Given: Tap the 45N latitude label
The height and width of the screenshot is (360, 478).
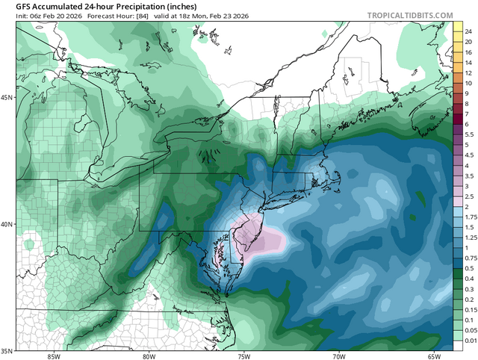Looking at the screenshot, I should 8,98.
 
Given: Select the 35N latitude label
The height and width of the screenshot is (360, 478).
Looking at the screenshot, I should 8,350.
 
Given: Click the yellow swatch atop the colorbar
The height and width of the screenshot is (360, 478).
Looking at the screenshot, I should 456,26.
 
